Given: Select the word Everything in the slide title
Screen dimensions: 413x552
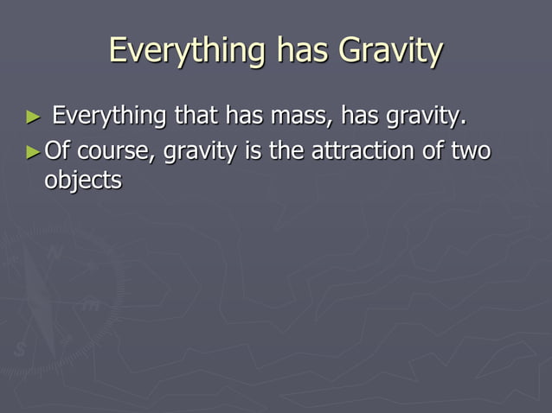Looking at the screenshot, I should (184, 51).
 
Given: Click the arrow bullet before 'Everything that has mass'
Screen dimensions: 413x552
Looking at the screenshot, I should (34, 116).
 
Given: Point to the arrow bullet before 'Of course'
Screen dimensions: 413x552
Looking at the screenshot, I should (34, 152).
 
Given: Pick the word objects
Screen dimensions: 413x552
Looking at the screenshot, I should (83, 181).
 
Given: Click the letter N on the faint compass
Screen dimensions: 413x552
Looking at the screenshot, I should (55, 254).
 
